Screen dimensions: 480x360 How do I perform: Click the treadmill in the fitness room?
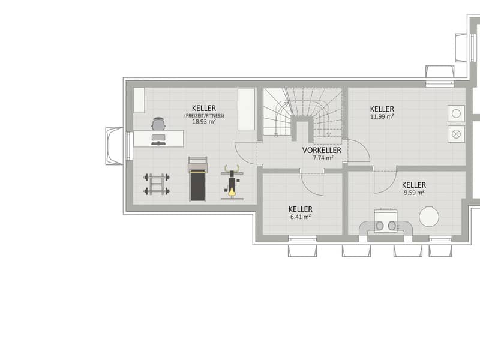(198, 179)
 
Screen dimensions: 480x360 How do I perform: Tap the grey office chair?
(159, 124)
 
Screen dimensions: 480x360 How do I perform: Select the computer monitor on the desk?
(158, 137)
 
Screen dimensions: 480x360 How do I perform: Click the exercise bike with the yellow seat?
(232, 182)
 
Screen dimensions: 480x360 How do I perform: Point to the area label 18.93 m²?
(204, 122)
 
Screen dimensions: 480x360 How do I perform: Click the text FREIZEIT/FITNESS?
(204, 116)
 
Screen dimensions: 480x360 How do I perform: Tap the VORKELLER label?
(322, 151)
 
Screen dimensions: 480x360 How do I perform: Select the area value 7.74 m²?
(323, 158)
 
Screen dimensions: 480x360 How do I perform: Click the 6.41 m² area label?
(301, 217)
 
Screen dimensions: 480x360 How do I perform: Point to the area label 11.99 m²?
(382, 116)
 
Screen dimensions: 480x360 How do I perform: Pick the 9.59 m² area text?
(414, 193)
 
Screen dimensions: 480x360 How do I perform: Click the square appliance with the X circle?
(456, 134)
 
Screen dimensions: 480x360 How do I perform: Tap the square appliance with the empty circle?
(456, 113)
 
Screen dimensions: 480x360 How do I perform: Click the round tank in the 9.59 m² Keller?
(429, 217)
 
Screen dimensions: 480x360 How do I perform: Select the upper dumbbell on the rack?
(157, 177)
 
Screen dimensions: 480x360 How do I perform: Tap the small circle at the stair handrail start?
(276, 135)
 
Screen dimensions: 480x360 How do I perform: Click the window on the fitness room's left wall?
(130, 146)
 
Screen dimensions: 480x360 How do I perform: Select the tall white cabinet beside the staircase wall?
(247, 109)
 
